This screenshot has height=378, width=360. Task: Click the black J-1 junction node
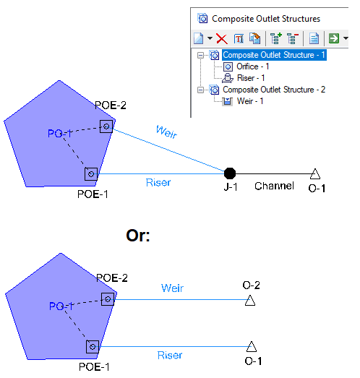click(230, 173)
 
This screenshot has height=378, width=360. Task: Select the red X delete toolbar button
click(222, 38)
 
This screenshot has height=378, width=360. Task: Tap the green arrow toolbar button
click(334, 38)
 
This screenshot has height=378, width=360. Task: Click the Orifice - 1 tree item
click(253, 66)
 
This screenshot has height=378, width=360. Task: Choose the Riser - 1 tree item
click(251, 78)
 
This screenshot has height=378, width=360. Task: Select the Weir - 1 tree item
click(250, 101)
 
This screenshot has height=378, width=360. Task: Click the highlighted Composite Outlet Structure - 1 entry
click(274, 55)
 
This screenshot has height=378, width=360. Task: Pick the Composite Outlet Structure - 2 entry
click(274, 90)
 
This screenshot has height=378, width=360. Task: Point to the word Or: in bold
click(138, 236)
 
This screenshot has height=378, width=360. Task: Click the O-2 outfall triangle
click(250, 301)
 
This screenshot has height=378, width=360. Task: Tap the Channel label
click(274, 186)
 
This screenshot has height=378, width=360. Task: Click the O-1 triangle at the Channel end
click(315, 173)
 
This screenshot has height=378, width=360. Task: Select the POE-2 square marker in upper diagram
click(106, 126)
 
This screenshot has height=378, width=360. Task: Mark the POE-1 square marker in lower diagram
click(93, 347)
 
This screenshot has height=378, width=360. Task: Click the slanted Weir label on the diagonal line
click(166, 132)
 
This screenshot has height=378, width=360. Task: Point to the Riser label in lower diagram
click(170, 356)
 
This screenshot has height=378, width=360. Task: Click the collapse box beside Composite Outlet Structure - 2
click(200, 90)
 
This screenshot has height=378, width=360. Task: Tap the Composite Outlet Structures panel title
click(266, 19)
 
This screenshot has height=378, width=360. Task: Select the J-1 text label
click(231, 186)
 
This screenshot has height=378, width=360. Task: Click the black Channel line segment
click(273, 173)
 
